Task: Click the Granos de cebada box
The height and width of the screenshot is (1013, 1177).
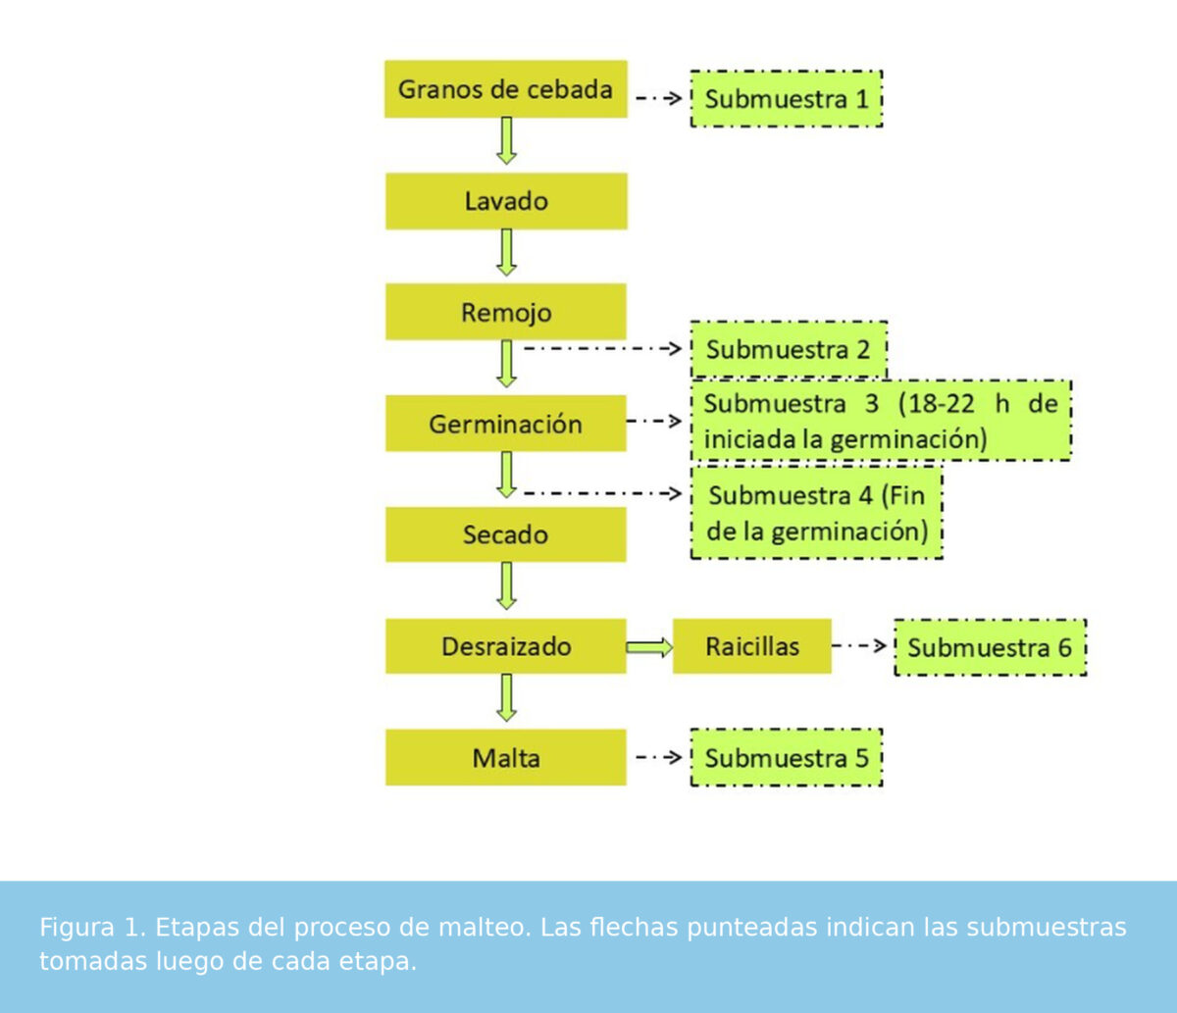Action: pos(506,89)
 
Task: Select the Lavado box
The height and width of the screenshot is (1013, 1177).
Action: pos(506,201)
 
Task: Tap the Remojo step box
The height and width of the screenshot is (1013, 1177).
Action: pos(506,312)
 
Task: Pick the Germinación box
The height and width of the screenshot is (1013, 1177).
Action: pos(506,423)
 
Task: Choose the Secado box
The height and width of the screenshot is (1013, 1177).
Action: pos(506,534)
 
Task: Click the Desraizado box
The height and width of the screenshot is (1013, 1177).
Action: pos(506,645)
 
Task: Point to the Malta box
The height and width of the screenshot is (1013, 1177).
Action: pos(506,757)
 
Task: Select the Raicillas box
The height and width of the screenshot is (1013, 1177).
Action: pos(751,645)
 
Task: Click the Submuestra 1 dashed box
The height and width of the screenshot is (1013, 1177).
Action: pos(787,98)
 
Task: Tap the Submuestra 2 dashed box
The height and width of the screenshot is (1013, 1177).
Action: pos(789,349)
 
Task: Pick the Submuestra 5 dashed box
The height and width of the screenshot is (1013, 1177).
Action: pos(787,757)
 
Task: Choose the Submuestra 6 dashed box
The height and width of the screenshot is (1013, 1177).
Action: pos(991,647)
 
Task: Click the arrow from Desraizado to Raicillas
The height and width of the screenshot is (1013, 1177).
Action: pos(649,647)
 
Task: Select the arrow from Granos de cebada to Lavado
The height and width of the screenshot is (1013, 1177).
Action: pos(506,140)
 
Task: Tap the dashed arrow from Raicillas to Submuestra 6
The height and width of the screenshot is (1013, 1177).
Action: pos(859,645)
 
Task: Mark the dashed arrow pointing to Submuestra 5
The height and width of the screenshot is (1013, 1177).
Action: pos(659,757)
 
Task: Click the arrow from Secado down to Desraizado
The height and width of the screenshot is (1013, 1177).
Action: pos(506,586)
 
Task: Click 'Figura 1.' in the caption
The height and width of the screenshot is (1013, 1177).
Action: pos(93,928)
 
